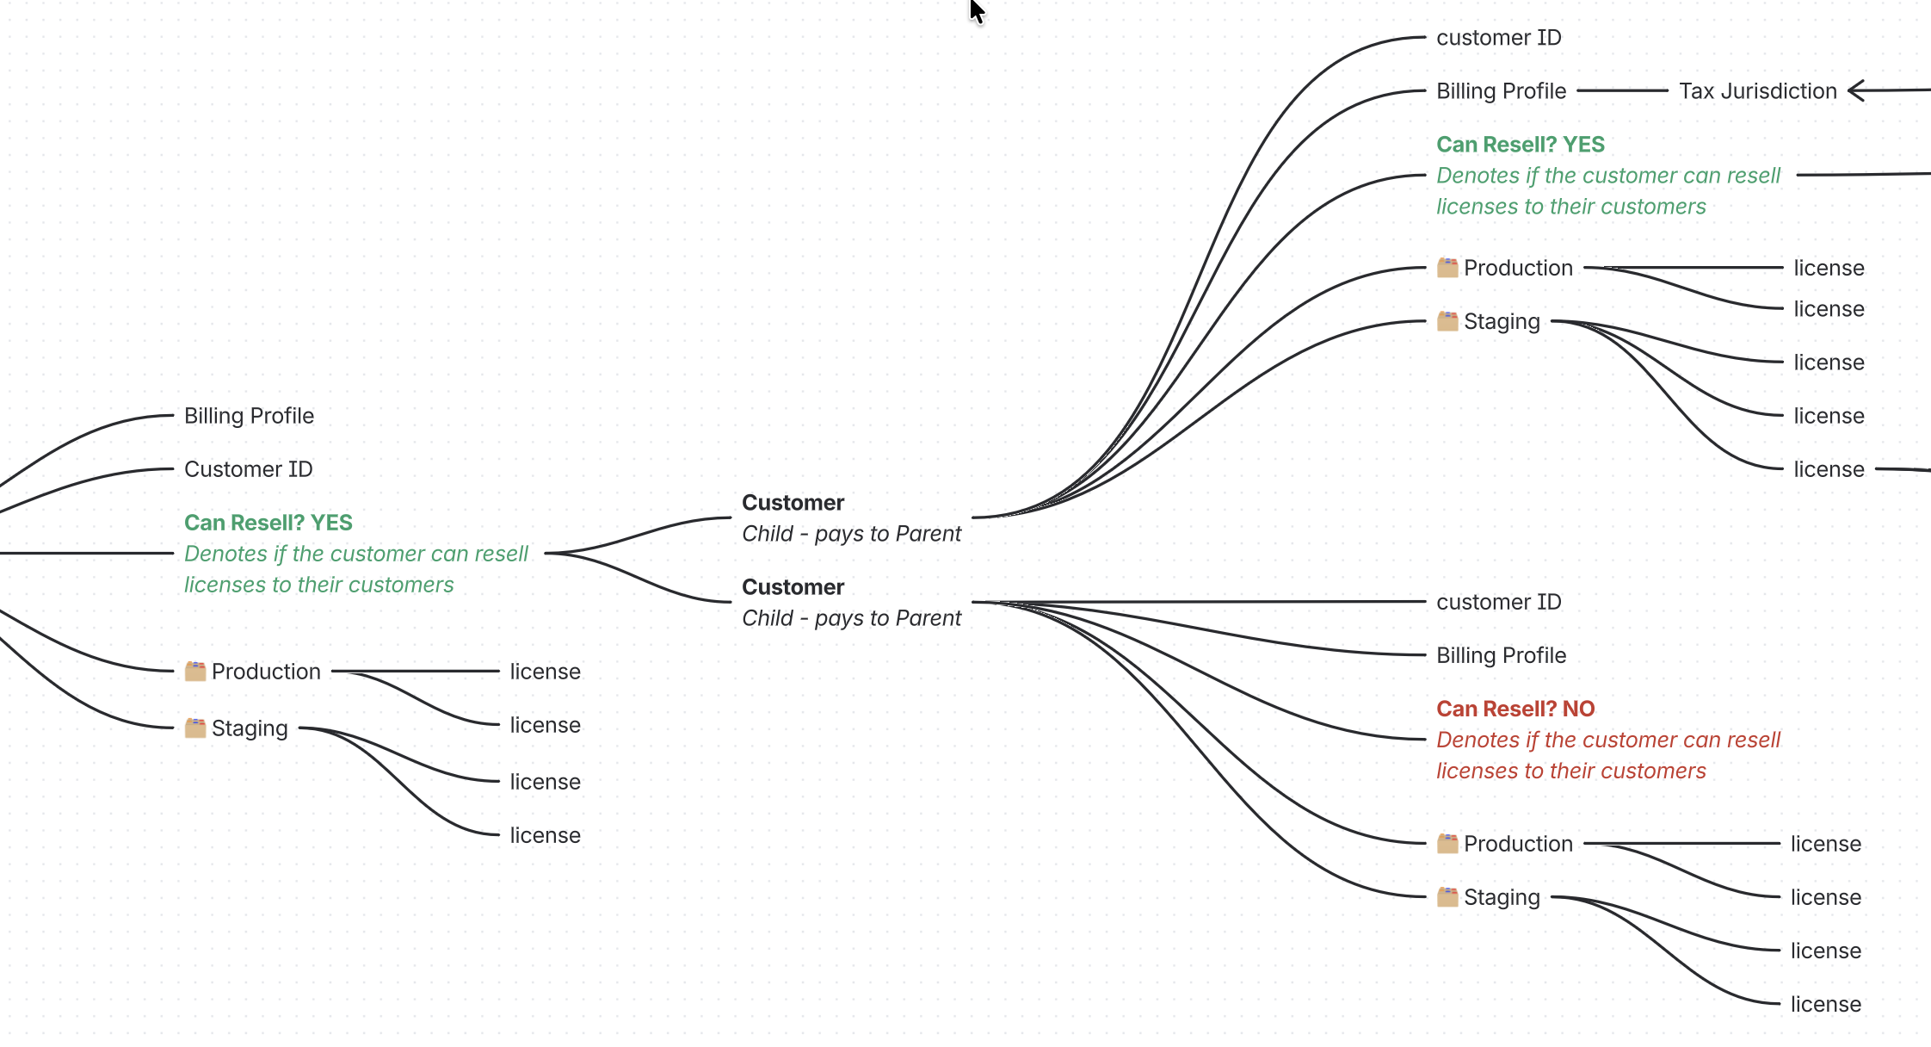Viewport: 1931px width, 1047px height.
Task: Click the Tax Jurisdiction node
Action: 1757,91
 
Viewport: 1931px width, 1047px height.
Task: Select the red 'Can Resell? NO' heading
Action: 1515,709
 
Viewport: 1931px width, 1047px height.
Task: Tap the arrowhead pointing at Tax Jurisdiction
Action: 1856,90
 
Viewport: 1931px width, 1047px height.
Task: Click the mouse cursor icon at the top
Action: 977,11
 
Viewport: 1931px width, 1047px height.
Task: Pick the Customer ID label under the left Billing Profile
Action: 248,469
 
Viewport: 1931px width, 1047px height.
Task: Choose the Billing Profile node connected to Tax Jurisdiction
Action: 1501,91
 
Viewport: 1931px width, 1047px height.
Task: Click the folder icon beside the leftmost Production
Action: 195,671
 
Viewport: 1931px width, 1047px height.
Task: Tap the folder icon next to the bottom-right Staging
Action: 1447,896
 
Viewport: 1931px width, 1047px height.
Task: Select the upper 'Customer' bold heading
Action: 793,503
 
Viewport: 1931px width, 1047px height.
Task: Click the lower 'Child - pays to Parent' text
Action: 851,618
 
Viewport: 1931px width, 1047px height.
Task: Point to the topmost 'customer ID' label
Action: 1498,38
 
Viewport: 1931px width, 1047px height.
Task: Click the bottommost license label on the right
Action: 1825,1004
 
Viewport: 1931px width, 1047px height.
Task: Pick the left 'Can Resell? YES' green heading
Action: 268,523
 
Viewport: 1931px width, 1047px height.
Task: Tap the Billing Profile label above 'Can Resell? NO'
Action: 1501,655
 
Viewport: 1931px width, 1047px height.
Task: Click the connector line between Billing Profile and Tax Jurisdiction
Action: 1622,90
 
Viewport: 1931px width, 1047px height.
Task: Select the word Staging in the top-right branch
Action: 1502,321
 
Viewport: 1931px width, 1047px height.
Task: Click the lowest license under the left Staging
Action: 545,835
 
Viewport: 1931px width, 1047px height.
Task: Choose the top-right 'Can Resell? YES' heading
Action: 1520,145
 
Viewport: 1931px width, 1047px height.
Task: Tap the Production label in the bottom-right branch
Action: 1518,844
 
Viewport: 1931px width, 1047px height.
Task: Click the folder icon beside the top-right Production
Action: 1447,268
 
